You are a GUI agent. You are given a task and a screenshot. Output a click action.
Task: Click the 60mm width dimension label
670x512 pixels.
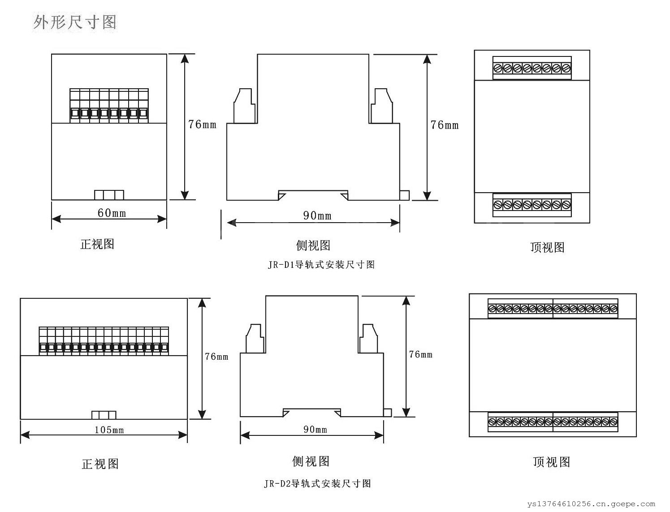(x=112, y=213)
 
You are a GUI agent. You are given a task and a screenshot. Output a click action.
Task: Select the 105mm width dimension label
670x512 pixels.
(x=109, y=430)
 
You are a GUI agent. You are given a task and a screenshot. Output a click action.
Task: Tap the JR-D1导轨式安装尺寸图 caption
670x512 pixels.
(x=321, y=265)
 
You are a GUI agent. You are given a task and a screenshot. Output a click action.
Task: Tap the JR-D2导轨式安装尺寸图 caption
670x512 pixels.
(x=317, y=484)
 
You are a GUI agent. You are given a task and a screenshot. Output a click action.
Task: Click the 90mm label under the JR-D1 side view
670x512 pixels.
(x=317, y=216)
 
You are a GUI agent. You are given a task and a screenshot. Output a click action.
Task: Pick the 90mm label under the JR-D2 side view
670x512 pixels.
(x=315, y=430)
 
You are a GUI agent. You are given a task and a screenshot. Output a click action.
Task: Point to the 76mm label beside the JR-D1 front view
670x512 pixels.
(x=202, y=124)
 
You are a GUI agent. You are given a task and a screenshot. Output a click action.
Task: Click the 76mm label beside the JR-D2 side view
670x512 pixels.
(x=420, y=354)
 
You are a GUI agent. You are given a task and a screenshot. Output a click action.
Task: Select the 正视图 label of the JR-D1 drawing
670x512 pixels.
(x=97, y=244)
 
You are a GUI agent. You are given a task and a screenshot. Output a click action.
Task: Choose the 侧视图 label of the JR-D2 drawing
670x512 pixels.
(x=311, y=461)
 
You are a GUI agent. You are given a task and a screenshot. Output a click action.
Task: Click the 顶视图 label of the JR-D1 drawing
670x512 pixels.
(x=547, y=247)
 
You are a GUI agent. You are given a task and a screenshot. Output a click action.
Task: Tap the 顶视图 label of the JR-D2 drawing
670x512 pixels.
(x=551, y=462)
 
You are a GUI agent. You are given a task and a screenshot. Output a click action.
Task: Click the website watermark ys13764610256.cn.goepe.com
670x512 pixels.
(x=591, y=504)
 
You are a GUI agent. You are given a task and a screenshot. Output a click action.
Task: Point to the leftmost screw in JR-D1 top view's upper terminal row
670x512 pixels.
(x=498, y=68)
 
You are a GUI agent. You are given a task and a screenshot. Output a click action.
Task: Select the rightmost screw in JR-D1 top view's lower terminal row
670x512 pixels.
(x=566, y=205)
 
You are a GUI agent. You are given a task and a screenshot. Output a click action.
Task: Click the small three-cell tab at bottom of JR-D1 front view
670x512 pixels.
(x=109, y=195)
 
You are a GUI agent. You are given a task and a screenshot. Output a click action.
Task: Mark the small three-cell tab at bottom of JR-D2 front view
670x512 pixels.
(x=104, y=415)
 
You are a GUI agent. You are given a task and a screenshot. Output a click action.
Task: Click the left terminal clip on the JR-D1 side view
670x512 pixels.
(x=244, y=106)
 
